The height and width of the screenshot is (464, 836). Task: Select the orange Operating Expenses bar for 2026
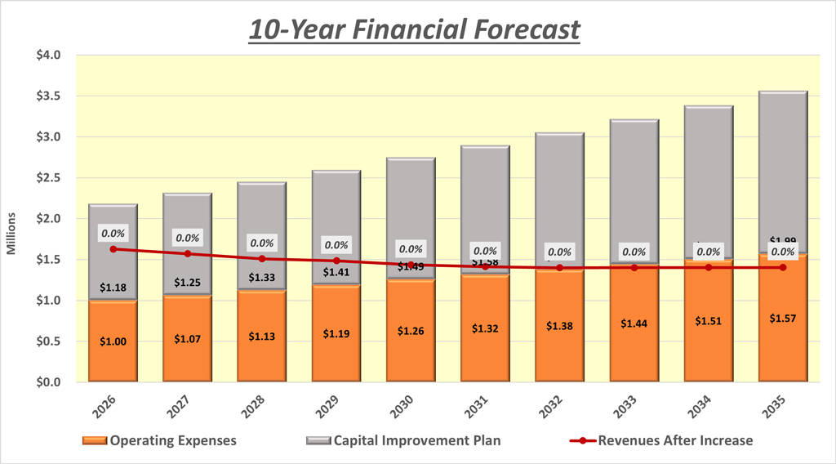click(x=113, y=359)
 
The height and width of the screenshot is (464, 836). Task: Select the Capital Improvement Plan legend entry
click(x=405, y=440)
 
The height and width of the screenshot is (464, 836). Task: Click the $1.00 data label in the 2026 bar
click(x=113, y=341)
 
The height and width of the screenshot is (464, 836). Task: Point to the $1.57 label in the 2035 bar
click(x=782, y=318)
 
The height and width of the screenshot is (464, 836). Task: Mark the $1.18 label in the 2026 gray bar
click(x=113, y=288)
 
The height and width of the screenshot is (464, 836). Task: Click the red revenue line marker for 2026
click(x=113, y=248)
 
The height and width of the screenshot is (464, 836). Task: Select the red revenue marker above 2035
click(x=782, y=267)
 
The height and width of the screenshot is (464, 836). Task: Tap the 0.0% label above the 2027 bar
click(x=188, y=239)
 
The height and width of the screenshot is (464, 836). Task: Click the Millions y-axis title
click(x=11, y=232)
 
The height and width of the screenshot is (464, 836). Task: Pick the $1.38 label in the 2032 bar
click(x=559, y=325)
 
